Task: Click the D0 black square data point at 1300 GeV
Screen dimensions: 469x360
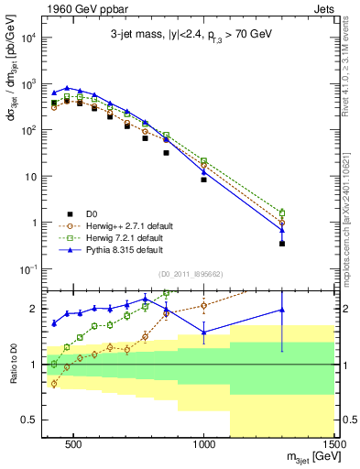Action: point(282,244)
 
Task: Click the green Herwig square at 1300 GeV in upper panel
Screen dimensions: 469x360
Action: point(282,213)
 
